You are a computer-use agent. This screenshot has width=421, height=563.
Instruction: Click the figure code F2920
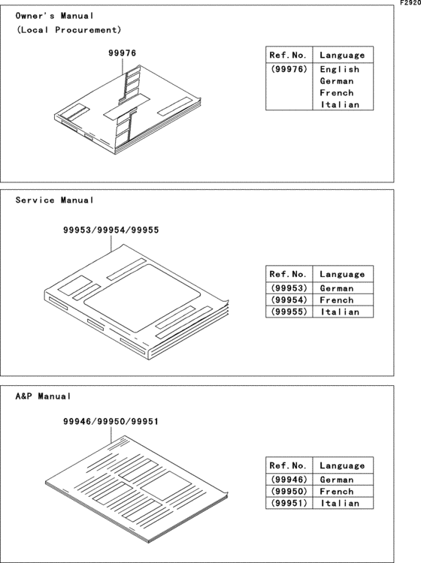coord(409,4)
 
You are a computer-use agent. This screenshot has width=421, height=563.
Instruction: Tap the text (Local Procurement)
coord(68,30)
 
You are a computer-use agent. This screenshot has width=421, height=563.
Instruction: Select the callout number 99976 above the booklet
coord(121,53)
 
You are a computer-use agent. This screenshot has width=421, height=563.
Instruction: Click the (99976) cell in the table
coord(287,68)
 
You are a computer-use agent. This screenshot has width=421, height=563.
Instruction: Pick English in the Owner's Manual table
coord(338,68)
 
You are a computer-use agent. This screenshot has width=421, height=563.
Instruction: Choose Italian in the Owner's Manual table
coord(340,105)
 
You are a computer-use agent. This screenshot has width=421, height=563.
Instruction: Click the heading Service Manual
coord(55,200)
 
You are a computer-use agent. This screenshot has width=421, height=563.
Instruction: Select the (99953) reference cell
coord(287,288)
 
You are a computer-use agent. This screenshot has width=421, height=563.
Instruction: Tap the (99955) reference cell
coord(287,312)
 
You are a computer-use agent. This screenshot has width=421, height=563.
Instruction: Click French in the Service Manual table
coord(337,300)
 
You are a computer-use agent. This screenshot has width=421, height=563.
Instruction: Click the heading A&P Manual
coord(44,396)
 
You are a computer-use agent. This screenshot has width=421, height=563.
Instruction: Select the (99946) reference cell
coord(287,480)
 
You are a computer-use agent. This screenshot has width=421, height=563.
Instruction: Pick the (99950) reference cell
coord(287,492)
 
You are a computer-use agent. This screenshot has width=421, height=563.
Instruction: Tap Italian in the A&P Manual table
coord(340,504)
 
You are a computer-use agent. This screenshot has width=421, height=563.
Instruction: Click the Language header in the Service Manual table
coord(342,274)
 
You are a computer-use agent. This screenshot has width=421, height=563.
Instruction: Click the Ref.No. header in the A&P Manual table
coord(287,465)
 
